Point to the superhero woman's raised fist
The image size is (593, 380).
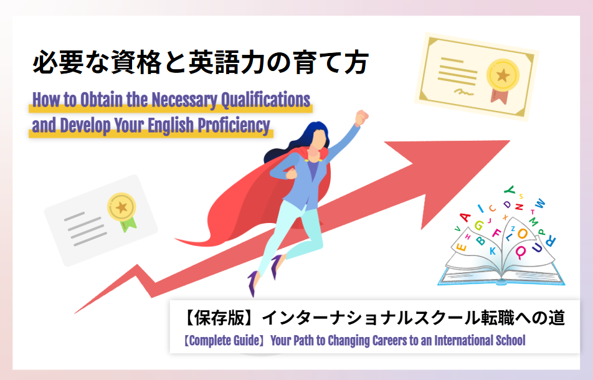coord(361,117)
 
